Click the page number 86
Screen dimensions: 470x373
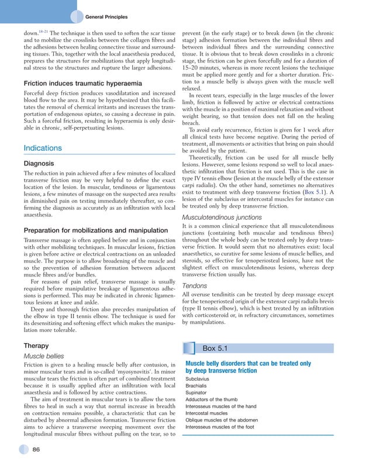(36, 449)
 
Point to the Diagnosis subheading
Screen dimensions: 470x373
(39, 164)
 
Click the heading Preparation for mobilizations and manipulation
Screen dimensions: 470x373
(95, 230)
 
